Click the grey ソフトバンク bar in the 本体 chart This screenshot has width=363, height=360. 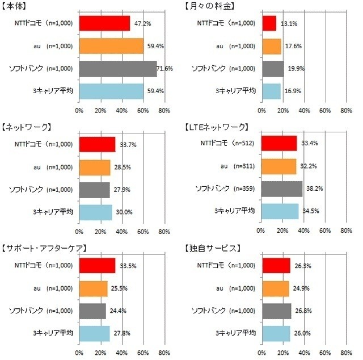117,69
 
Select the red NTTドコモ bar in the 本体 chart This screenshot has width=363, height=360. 104,23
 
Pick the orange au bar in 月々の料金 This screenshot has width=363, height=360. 272,46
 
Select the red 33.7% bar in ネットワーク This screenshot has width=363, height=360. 97,144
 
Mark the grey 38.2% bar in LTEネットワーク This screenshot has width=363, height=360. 281,189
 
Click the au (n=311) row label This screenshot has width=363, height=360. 228,166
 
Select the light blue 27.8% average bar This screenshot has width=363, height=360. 94,333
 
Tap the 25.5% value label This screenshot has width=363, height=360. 119,288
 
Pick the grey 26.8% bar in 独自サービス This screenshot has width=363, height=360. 276,311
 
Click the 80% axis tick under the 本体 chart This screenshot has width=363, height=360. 164,110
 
